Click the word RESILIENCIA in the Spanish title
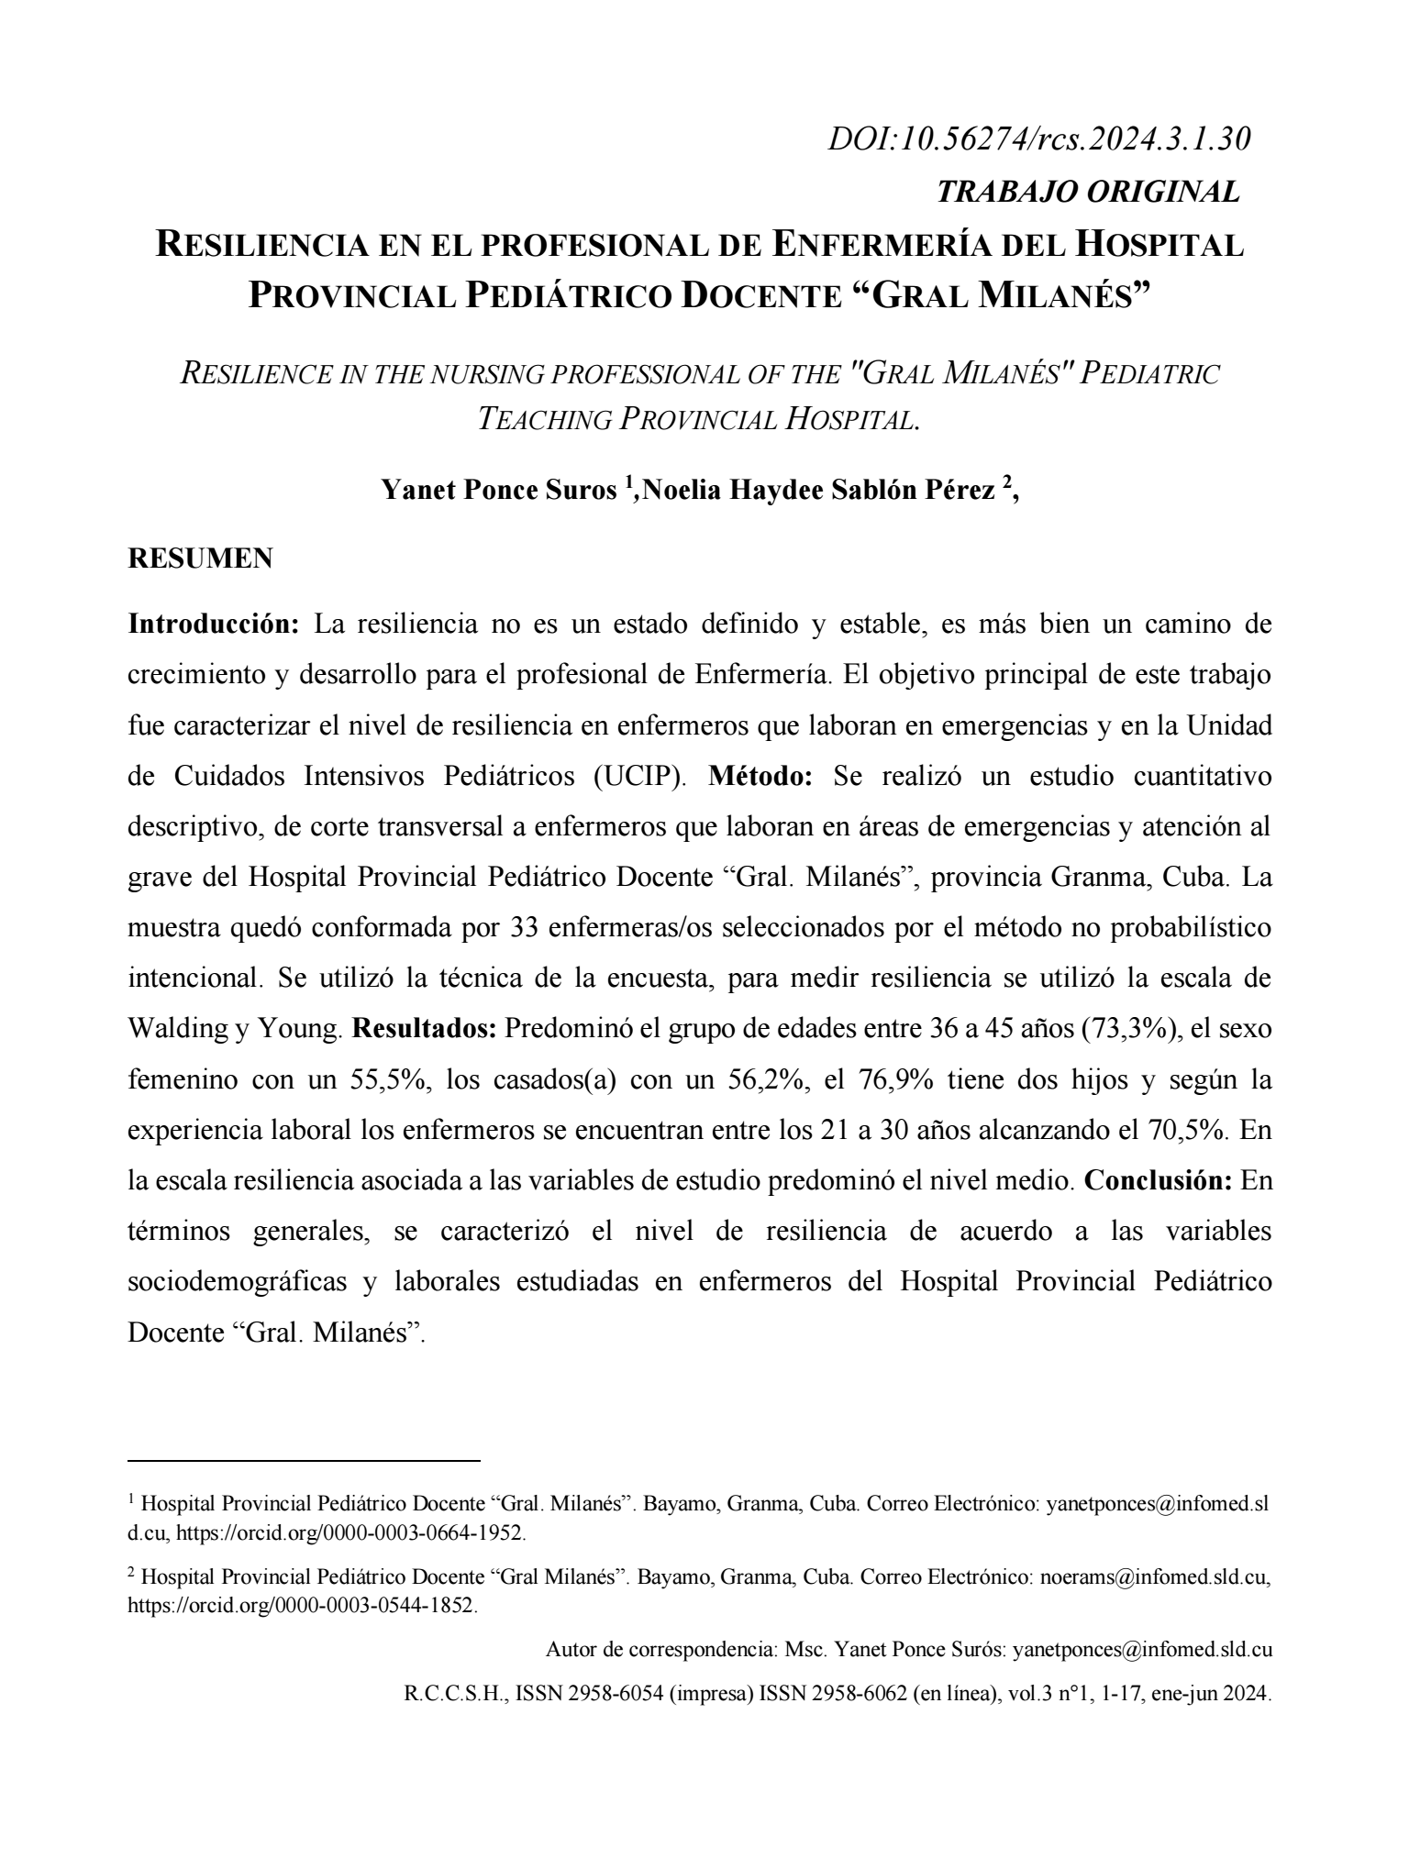click(306, 246)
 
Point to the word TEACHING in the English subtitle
click(544, 419)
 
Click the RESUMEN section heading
click(200, 559)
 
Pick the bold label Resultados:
click(425, 1029)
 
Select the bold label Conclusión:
click(1158, 1180)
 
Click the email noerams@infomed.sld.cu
click(1155, 1578)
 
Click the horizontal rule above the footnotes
click(304, 1459)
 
